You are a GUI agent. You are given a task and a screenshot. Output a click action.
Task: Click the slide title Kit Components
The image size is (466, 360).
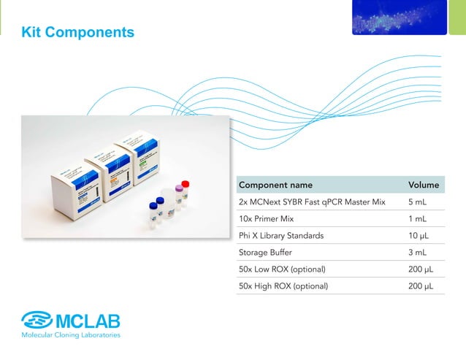pyautogui.click(x=78, y=32)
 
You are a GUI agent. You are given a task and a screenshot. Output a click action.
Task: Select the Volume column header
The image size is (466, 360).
pyautogui.click(x=424, y=185)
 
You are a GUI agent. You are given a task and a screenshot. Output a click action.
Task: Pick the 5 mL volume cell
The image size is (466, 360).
pyautogui.click(x=418, y=202)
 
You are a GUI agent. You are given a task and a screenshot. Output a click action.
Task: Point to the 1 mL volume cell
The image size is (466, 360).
pyautogui.click(x=418, y=218)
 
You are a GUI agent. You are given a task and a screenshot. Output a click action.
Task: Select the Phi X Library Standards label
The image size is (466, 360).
pyautogui.click(x=280, y=235)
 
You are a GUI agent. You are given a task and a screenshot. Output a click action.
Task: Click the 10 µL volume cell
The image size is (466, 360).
pyautogui.click(x=420, y=235)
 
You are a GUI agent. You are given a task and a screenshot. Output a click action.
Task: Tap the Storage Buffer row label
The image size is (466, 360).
pyautogui.click(x=264, y=253)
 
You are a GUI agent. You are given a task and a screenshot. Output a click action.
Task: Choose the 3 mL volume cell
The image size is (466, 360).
pyautogui.click(x=418, y=253)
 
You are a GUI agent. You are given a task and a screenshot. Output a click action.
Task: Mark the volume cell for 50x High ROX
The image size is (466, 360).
pyautogui.click(x=421, y=286)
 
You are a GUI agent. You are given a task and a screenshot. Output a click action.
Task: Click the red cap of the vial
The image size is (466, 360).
pyautogui.click(x=186, y=184)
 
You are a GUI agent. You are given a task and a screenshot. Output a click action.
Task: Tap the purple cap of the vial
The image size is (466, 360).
pyautogui.click(x=177, y=191)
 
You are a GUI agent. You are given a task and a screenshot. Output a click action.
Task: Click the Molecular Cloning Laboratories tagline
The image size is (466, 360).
pyautogui.click(x=71, y=335)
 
